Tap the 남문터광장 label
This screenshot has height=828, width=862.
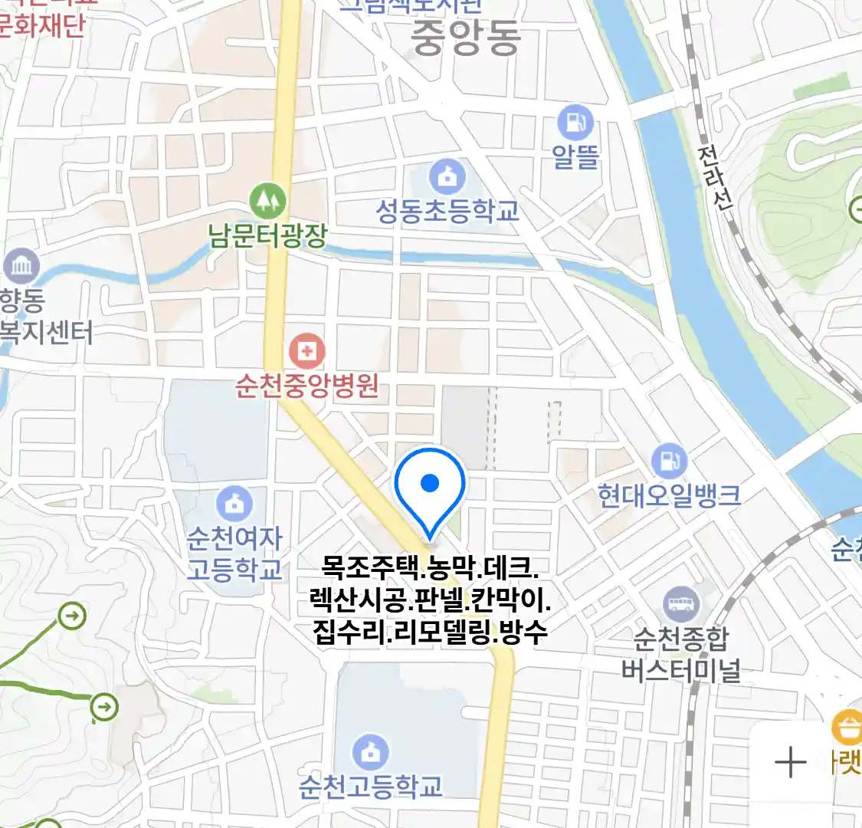click(x=267, y=235)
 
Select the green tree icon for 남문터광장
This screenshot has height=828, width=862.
click(x=267, y=201)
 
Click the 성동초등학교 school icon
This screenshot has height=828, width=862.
click(x=447, y=177)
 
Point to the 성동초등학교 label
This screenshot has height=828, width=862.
click(x=447, y=212)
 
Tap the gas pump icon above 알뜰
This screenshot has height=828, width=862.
click(x=575, y=123)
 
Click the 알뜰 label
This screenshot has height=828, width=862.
click(x=575, y=157)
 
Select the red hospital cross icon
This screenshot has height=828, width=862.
click(x=306, y=352)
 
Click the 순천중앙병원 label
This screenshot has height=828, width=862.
click(x=307, y=386)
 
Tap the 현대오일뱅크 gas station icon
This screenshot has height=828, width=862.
click(x=670, y=461)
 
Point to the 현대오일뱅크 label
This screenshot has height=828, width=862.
click(x=670, y=496)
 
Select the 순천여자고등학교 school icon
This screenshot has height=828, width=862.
click(x=234, y=503)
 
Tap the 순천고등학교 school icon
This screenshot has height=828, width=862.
click(x=371, y=752)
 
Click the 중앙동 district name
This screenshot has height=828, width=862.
click(x=466, y=38)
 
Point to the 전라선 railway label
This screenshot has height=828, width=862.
click(x=715, y=178)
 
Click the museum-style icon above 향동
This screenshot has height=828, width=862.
click(x=21, y=266)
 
